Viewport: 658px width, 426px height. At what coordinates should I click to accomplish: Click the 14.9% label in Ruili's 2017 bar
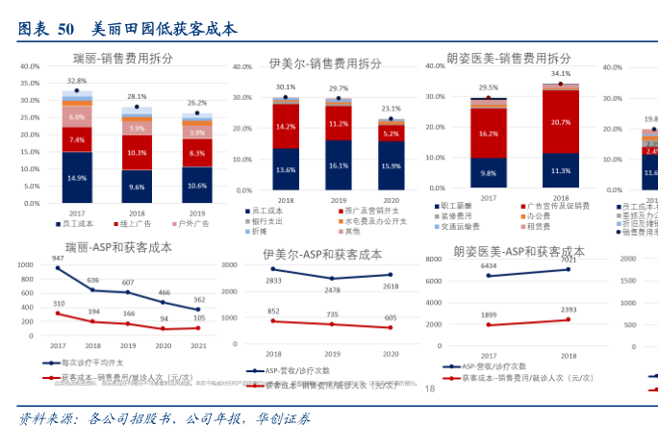tap(76, 179)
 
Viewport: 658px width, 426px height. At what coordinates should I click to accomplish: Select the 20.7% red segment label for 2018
tap(561, 122)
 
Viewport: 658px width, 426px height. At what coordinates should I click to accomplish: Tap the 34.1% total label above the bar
tap(561, 73)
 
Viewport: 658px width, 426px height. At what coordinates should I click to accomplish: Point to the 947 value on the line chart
tap(58, 259)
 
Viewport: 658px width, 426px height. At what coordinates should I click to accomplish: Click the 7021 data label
tap(568, 260)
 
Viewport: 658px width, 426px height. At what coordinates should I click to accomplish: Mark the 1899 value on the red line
tap(489, 314)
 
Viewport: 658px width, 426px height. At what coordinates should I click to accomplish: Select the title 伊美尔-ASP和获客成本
tap(321, 255)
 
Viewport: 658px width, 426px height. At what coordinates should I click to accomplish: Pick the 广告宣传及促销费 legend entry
tap(556, 207)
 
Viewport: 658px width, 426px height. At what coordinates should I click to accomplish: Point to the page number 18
tap(430, 388)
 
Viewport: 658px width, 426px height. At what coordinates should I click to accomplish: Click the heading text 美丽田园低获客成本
tap(164, 29)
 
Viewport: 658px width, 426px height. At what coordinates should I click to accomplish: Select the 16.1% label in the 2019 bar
tap(338, 165)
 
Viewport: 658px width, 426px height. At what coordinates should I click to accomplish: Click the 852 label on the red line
tap(274, 311)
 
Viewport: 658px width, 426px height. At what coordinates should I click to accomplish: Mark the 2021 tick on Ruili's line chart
tap(197, 345)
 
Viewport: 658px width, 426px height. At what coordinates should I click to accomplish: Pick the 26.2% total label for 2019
tap(197, 103)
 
